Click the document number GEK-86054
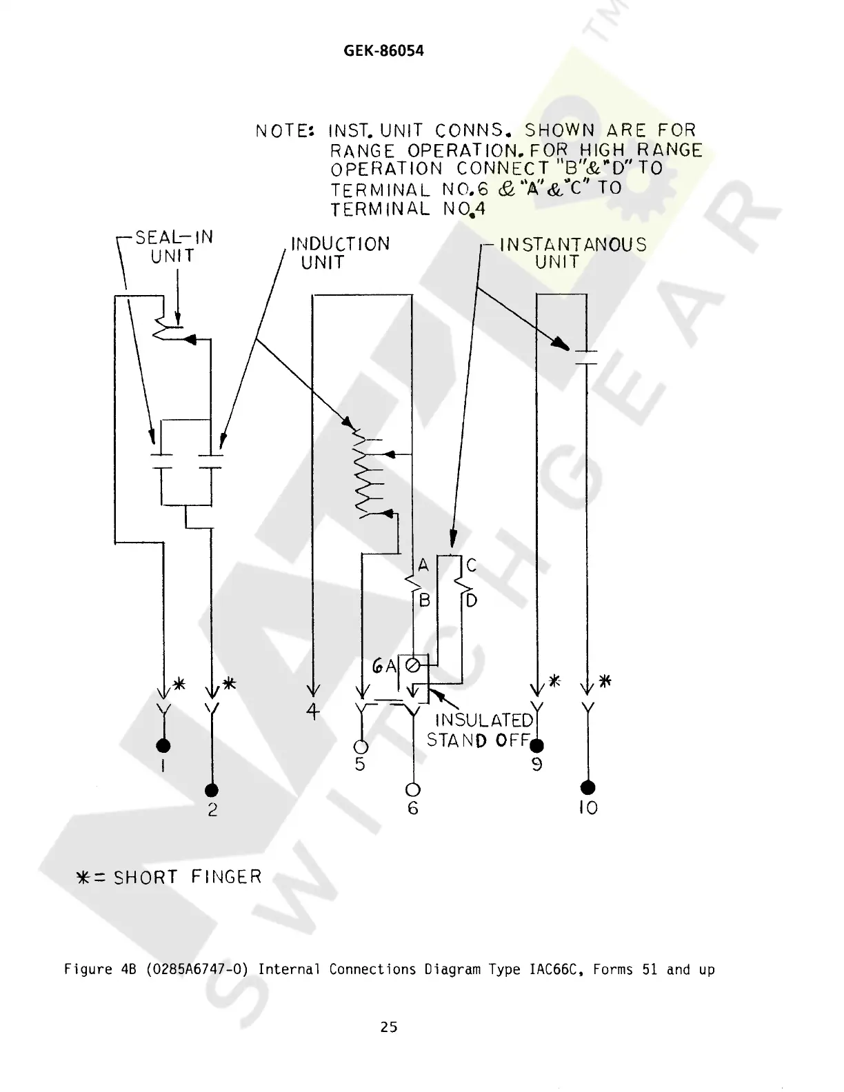click(383, 51)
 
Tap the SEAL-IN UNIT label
click(174, 247)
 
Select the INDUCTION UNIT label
click(340, 253)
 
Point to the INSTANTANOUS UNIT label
click(572, 253)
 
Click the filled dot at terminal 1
click(163, 745)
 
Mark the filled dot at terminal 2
click(212, 790)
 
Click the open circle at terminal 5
click(361, 746)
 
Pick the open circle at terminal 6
click(413, 789)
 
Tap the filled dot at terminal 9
click(537, 745)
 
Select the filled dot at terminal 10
click(587, 787)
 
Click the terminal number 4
click(314, 711)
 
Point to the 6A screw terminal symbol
click(412, 666)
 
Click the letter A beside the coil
click(423, 566)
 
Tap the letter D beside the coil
click(472, 600)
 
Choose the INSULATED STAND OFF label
click(481, 730)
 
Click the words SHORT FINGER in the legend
click(188, 877)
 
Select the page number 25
click(389, 1027)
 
